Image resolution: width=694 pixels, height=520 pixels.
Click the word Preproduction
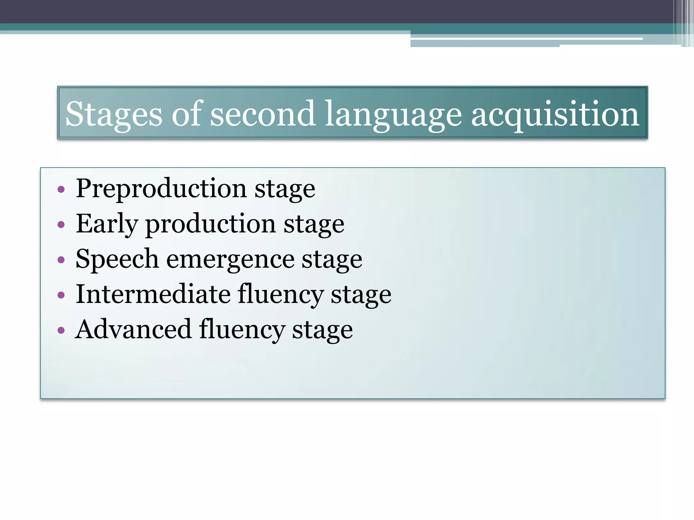tap(161, 189)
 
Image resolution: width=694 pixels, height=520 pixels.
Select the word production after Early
tap(210, 224)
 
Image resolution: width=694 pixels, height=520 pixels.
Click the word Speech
tap(117, 259)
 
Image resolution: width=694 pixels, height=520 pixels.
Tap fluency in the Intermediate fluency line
tap(281, 295)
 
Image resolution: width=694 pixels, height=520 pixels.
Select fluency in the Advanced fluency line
tap(242, 330)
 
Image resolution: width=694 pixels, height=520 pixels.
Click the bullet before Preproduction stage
tap(61, 189)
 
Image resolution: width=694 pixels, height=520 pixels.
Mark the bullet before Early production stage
tap(61, 224)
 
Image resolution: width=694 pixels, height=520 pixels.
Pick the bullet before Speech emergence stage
tap(61, 260)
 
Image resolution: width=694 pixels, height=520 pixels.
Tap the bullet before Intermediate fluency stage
tap(61, 295)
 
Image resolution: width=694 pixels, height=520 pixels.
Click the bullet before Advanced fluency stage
tap(61, 330)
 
